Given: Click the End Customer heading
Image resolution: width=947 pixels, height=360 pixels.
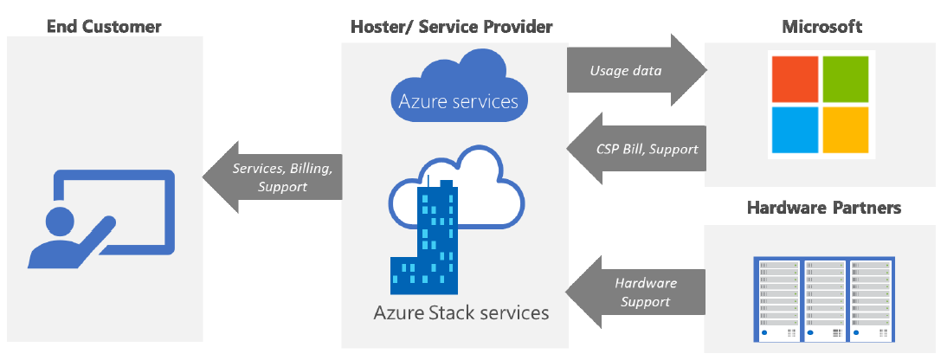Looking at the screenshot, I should (x=104, y=27).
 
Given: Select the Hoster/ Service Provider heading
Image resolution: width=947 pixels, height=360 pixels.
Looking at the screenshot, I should (x=451, y=27).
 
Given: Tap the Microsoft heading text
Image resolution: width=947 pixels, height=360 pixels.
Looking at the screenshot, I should (x=821, y=27).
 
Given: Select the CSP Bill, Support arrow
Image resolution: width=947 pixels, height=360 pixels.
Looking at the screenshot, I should (x=635, y=149).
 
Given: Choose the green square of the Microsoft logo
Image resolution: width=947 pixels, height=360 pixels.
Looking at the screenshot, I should (x=844, y=77).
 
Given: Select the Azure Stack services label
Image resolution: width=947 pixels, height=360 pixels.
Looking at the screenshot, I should (x=460, y=312).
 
